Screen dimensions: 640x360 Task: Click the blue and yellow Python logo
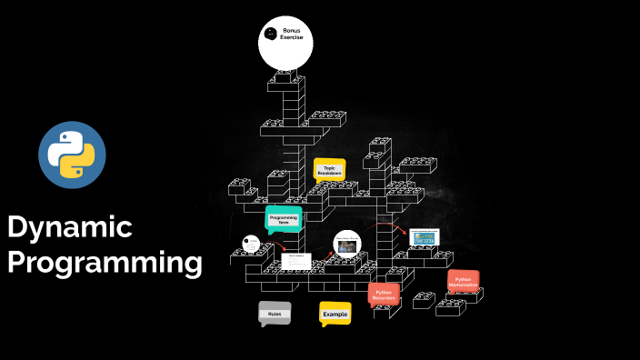[x=72, y=155]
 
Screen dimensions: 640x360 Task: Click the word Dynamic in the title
[x=70, y=227]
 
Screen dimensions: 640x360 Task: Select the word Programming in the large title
[x=105, y=264]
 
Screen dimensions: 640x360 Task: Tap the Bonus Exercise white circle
[x=285, y=43]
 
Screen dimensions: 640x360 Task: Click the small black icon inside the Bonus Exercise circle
[x=270, y=35]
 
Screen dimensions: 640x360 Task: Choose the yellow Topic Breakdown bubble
[x=329, y=170]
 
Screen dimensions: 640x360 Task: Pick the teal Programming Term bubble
[x=283, y=219]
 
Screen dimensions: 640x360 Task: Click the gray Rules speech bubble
[x=275, y=314]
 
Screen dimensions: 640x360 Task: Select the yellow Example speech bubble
[x=335, y=314]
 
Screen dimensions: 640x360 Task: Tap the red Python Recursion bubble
[x=383, y=295]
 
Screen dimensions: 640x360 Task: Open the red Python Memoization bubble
[x=463, y=282]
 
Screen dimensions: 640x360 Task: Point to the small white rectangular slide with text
[x=296, y=260]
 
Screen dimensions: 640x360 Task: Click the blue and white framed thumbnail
[x=424, y=237]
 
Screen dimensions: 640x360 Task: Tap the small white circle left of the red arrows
[x=252, y=244]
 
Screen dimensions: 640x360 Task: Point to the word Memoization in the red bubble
[x=463, y=285]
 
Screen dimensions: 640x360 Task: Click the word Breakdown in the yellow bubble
[x=329, y=174]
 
